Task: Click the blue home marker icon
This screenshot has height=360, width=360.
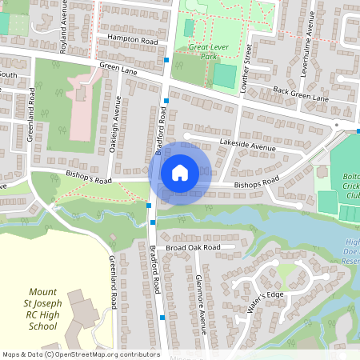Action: [x=180, y=173]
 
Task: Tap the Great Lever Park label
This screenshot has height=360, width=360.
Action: [x=198, y=52]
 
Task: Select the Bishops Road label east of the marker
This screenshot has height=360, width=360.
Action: [x=255, y=184]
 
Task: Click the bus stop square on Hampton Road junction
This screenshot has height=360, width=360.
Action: [x=166, y=60]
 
